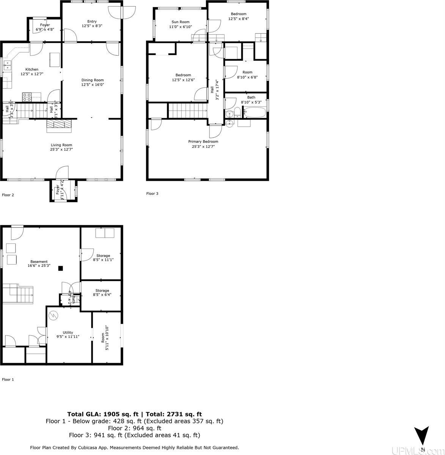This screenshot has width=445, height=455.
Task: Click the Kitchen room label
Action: pos(32,69)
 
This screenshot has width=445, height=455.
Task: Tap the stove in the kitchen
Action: pos(27,97)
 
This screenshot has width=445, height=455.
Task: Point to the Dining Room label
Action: pos(93,80)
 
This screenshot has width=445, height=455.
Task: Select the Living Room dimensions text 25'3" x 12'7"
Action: pos(61,150)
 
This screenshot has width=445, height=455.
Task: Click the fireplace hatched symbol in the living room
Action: pos(58,125)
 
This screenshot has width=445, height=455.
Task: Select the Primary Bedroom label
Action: pos(203,141)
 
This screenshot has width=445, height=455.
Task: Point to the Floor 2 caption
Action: pos(8,195)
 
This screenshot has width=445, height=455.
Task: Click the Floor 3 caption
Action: pos(152,193)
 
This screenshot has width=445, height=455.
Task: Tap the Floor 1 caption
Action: pos(8,379)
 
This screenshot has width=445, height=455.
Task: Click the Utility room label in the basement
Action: pos(68,333)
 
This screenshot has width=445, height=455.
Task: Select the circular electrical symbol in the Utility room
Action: pos(54,315)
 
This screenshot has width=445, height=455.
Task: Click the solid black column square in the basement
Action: pos(60,268)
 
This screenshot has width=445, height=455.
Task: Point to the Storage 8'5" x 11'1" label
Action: pos(103,256)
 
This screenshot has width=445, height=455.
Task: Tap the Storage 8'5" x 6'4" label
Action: pos(102,291)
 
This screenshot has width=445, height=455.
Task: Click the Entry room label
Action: pos(92,22)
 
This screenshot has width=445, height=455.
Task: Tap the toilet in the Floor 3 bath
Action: pos(236,112)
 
